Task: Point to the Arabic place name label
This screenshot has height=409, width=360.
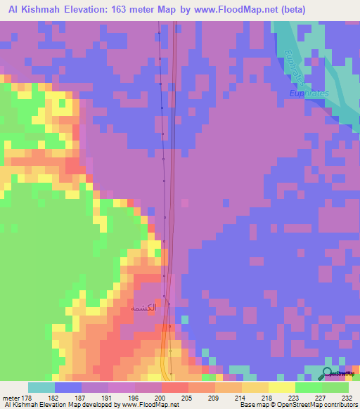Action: [143, 308]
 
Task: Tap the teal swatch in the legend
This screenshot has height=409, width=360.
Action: [41, 387]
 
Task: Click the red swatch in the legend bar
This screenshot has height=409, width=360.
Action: [175, 387]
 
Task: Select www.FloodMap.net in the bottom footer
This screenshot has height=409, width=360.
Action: [151, 405]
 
